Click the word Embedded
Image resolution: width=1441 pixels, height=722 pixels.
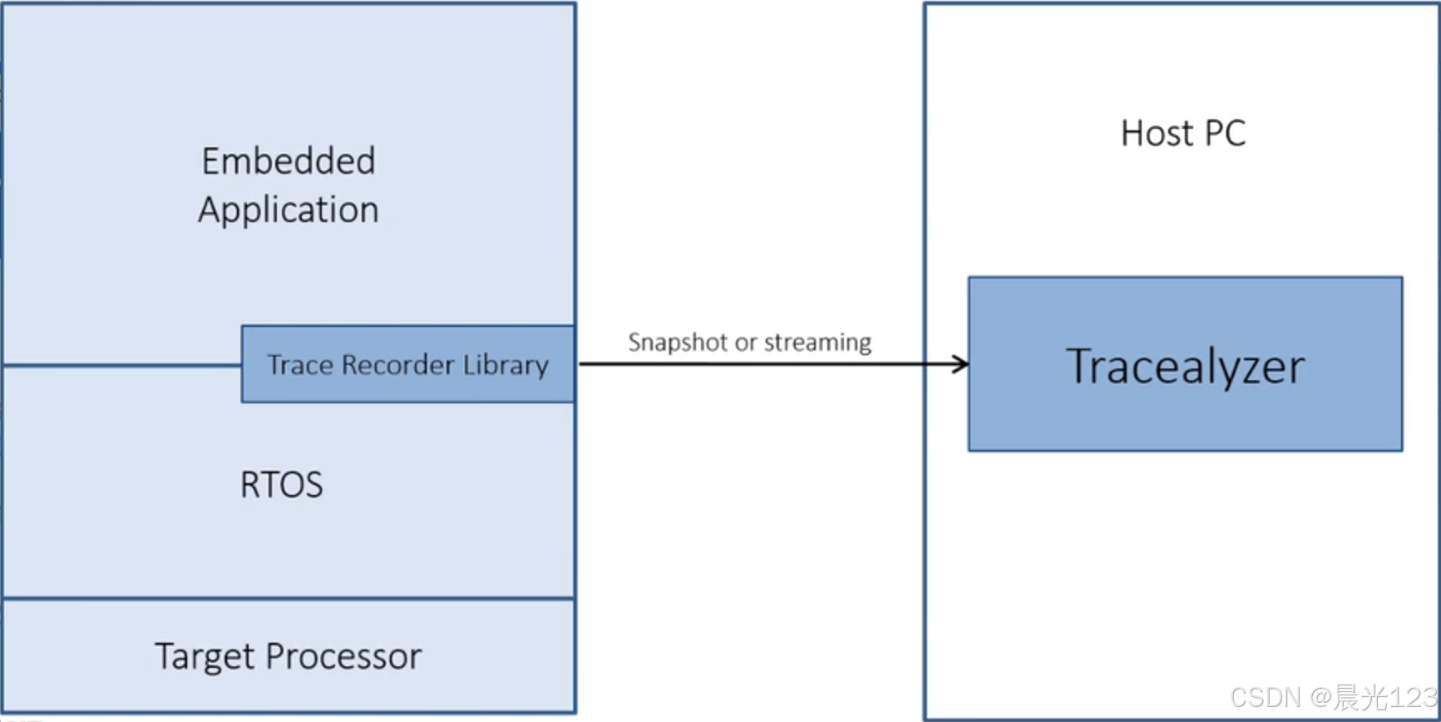(289, 161)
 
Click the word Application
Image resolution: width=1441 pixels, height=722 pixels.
(289, 210)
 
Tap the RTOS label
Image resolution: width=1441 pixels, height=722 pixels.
(281, 484)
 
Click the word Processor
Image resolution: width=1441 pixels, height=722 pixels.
(343, 656)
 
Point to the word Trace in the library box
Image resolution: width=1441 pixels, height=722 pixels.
(299, 364)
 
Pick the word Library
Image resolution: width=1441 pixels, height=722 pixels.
(506, 364)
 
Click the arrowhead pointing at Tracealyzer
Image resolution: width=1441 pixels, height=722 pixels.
(961, 363)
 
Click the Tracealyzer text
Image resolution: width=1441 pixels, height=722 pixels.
(1185, 366)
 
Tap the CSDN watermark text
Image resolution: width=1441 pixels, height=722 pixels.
(1266, 697)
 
